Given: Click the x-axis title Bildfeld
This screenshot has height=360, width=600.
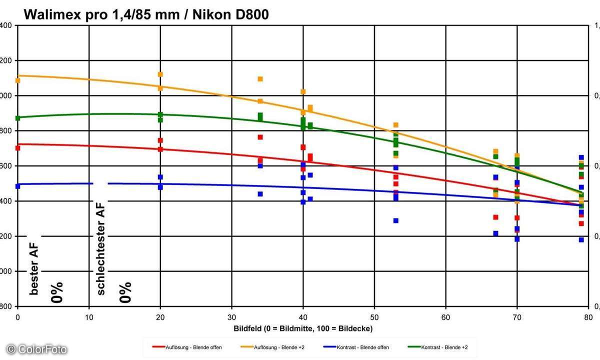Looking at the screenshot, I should (303, 328).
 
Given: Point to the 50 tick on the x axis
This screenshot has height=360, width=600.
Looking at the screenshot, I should (374, 317).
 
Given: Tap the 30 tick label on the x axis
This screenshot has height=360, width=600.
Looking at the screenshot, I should (231, 317).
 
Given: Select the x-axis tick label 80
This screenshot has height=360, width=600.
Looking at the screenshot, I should (588, 317).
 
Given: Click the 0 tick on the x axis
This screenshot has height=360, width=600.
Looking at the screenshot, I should (18, 317).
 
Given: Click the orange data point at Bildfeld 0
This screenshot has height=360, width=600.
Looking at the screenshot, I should (18, 80).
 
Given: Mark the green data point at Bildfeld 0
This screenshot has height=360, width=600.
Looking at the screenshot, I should (18, 118).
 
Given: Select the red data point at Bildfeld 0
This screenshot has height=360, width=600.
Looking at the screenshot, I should (18, 148).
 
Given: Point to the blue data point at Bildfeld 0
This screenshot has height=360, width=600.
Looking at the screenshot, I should (18, 186).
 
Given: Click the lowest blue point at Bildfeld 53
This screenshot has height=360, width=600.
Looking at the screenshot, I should (396, 220).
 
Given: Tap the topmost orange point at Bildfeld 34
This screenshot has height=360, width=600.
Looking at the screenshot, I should (260, 79).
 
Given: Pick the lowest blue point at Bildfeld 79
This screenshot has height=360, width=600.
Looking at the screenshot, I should (581, 240).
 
